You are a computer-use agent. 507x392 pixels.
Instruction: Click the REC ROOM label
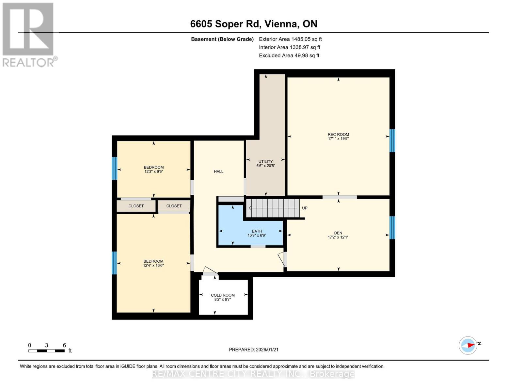(338, 134)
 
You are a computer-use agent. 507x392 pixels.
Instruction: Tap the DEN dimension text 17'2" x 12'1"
(338, 237)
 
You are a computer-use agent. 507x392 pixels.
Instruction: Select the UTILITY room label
(265, 161)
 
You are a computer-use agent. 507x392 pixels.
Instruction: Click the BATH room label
(257, 231)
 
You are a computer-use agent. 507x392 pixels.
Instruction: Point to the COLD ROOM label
(223, 295)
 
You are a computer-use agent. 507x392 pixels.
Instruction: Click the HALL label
(219, 171)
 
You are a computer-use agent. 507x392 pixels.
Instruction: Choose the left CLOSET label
(136, 206)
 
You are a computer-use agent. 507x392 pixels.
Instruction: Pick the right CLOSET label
(174, 206)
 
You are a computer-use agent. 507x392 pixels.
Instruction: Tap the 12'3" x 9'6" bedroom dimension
(153, 171)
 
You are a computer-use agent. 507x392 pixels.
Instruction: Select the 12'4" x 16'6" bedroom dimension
(153, 266)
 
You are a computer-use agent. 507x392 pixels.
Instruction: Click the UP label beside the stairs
(305, 208)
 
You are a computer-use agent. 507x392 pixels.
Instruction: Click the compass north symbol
(468, 345)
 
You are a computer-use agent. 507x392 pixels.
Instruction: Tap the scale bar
(46, 351)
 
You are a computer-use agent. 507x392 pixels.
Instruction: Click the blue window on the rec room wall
(392, 141)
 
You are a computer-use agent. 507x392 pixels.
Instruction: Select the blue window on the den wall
(392, 228)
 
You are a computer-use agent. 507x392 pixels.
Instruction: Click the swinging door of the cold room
(210, 270)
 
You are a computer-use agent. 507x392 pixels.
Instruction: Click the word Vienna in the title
(281, 24)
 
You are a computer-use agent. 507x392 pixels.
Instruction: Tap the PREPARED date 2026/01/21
(267, 350)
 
